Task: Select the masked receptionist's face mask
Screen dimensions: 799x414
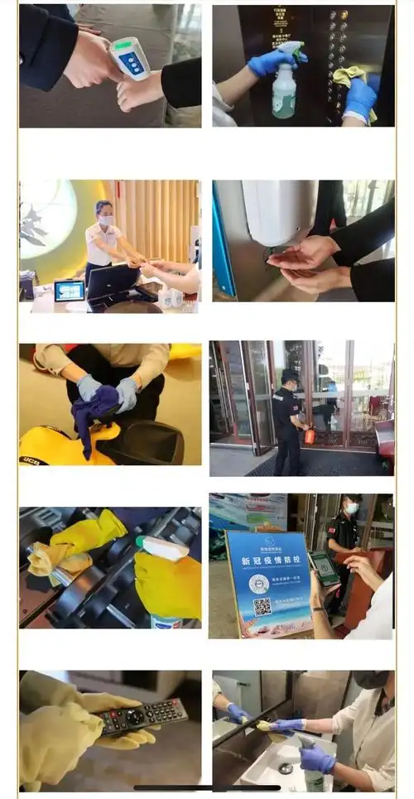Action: (105, 220)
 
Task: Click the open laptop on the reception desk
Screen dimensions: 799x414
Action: (113, 282)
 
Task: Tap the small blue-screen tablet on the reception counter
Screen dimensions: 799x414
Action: (69, 291)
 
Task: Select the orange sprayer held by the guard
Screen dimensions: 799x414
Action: (309, 436)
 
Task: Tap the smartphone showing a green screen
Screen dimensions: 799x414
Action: (325, 568)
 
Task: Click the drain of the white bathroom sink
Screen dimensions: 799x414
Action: (285, 768)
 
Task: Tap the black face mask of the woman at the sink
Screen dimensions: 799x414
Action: (369, 681)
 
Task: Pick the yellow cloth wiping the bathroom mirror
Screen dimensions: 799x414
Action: (264, 725)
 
